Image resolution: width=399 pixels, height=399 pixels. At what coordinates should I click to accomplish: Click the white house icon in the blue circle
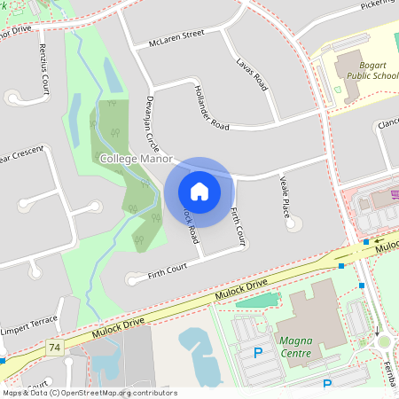(x=199, y=192)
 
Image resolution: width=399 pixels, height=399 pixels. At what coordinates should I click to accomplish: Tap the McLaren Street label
(x=176, y=37)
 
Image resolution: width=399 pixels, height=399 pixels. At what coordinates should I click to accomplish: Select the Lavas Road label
(x=253, y=75)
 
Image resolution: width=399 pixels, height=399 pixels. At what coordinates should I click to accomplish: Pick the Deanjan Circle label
(x=152, y=122)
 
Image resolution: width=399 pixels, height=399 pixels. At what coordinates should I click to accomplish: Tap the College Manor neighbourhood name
(x=135, y=158)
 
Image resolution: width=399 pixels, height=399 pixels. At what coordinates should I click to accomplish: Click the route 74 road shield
(x=56, y=346)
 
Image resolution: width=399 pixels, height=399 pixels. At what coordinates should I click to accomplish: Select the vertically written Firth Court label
(x=237, y=226)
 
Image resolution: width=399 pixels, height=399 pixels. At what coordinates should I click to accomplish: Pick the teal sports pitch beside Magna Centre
(x=257, y=301)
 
